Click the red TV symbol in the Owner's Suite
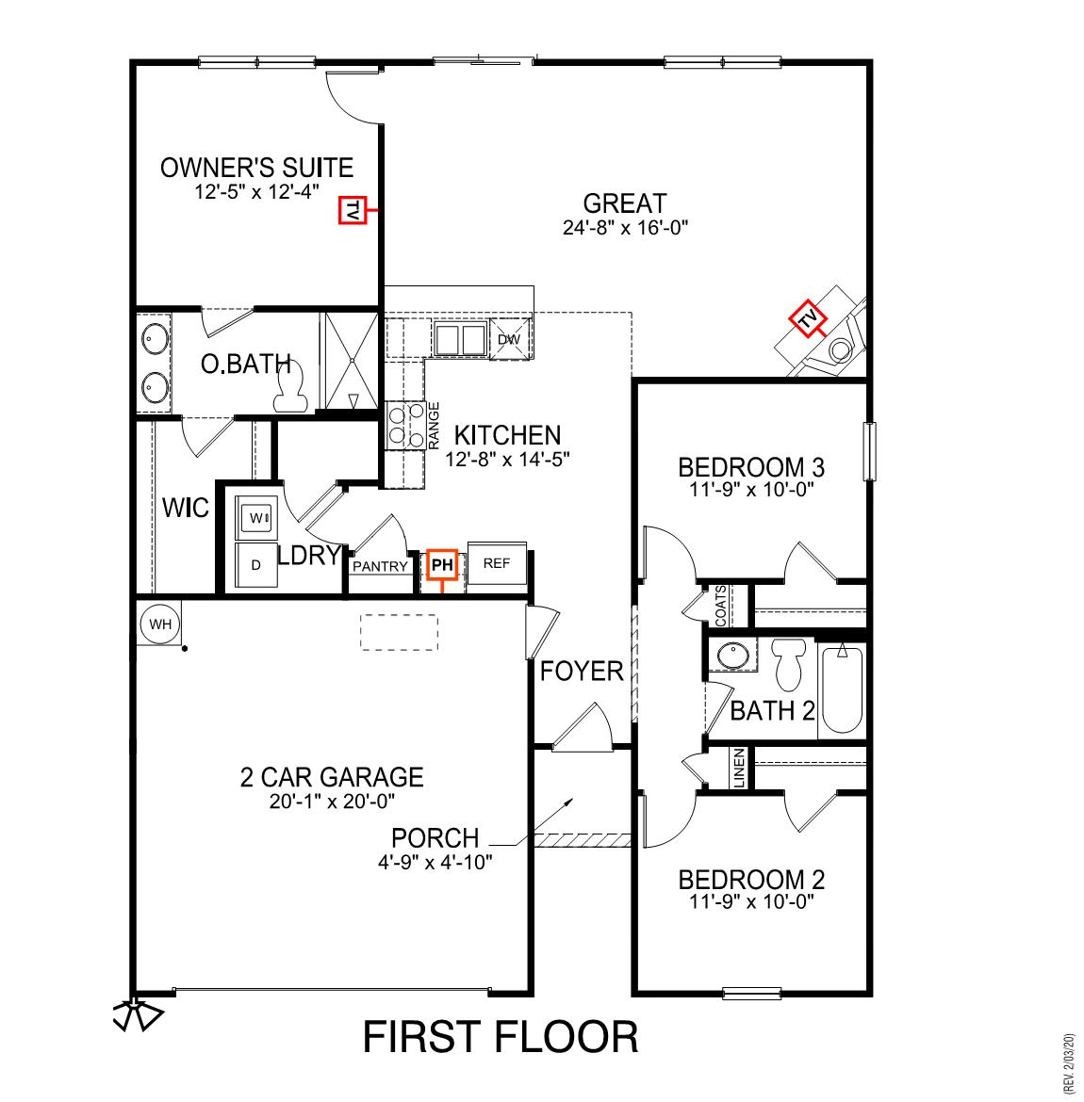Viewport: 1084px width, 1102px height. [x=352, y=212]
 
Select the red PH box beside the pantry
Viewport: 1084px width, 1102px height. [x=442, y=565]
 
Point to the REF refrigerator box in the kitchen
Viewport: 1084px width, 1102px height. [x=496, y=564]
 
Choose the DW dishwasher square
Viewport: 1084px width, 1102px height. [x=509, y=339]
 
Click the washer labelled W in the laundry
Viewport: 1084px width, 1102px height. [x=256, y=517]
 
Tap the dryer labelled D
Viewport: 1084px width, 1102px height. [x=255, y=564]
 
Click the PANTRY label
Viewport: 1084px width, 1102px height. [x=380, y=566]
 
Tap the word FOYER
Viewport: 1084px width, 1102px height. [x=582, y=672]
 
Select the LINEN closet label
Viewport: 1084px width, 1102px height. [x=740, y=768]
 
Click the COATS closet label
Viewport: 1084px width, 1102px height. [x=721, y=606]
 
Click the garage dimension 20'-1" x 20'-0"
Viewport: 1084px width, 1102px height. [x=331, y=802]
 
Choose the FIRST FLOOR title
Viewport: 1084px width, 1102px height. [x=501, y=1037]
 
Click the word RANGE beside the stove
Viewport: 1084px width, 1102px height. [x=435, y=425]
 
